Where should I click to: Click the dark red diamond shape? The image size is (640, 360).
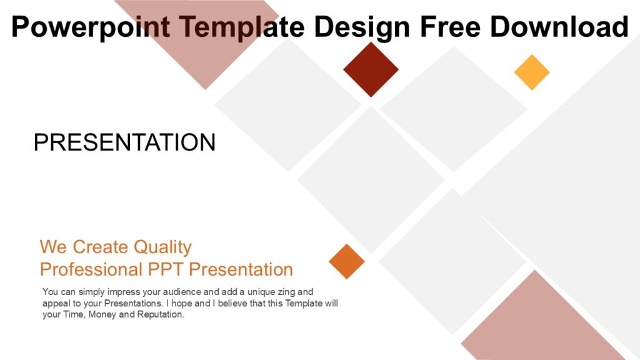[x=371, y=69]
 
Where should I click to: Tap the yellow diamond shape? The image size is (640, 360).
[x=532, y=72]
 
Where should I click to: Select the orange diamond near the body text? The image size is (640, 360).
[x=347, y=261]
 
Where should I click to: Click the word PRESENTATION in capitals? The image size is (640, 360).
[x=124, y=142]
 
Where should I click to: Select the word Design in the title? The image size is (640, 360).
[x=362, y=27]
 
